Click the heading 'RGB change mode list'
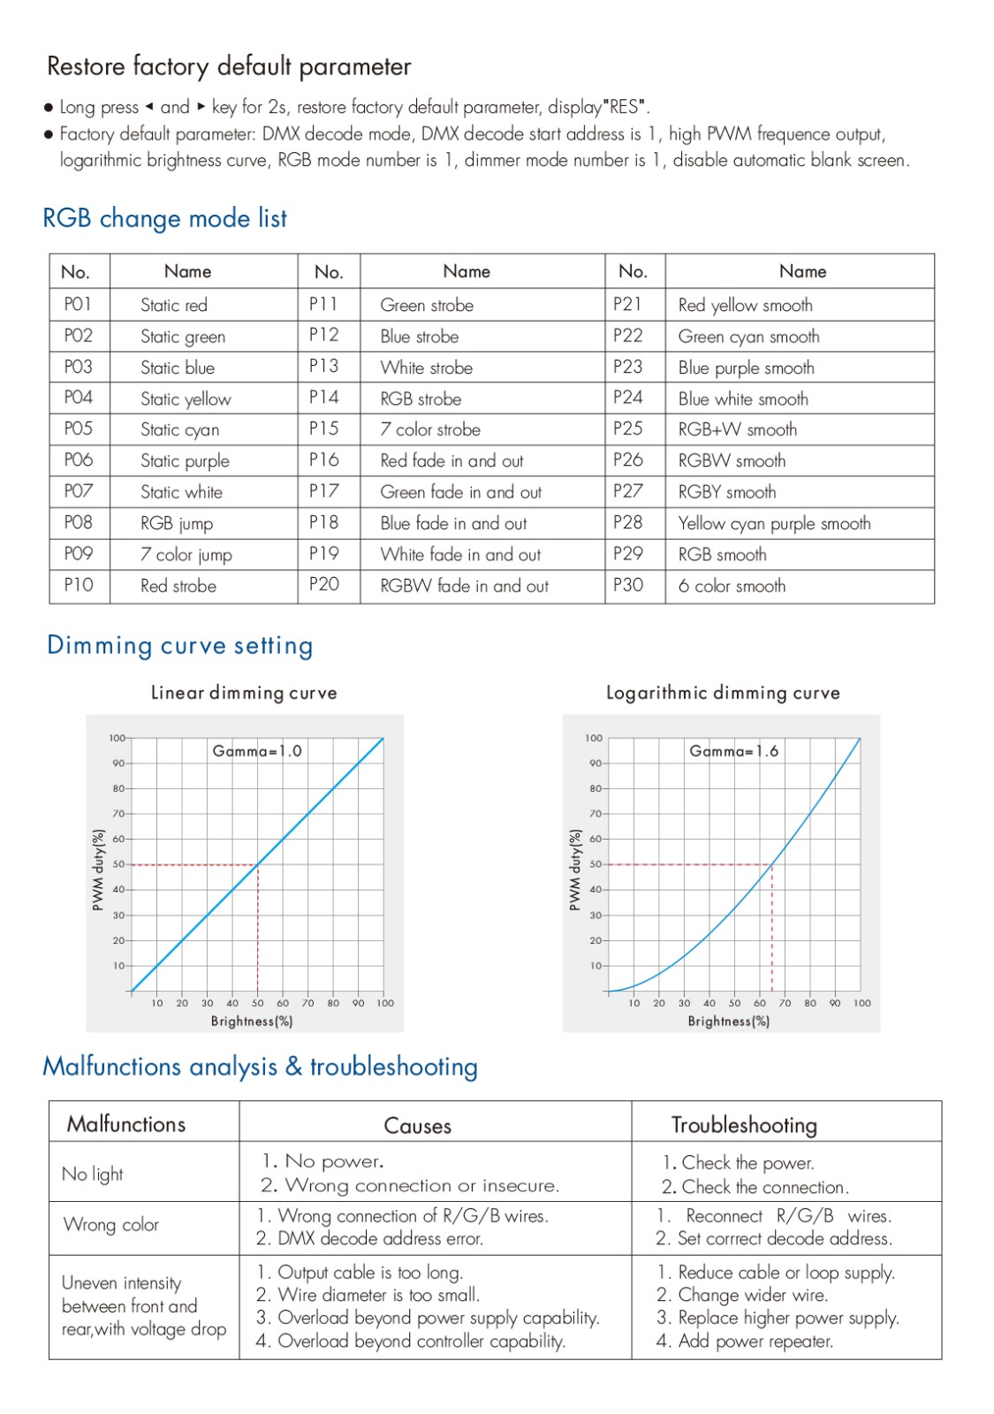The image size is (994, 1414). (164, 218)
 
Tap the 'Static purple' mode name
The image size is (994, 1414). (185, 460)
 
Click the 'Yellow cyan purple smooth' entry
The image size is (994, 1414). (774, 523)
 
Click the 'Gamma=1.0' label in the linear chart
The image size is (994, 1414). (257, 750)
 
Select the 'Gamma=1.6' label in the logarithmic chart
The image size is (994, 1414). (733, 750)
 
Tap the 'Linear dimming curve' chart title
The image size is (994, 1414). (244, 693)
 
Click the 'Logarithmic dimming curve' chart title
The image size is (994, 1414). (723, 693)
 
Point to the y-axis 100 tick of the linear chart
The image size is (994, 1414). (118, 737)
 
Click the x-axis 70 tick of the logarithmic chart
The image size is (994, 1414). (785, 1002)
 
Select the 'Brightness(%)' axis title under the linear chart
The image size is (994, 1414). (252, 1021)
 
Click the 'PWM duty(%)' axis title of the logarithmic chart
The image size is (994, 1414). (574, 870)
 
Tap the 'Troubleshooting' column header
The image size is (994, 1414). (744, 1125)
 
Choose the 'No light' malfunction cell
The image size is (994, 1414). (92, 1175)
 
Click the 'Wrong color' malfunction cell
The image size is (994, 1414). (110, 1225)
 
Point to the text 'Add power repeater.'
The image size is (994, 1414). (755, 1341)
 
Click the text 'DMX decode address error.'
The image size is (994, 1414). (381, 1238)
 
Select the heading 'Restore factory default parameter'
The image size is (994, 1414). (229, 66)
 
